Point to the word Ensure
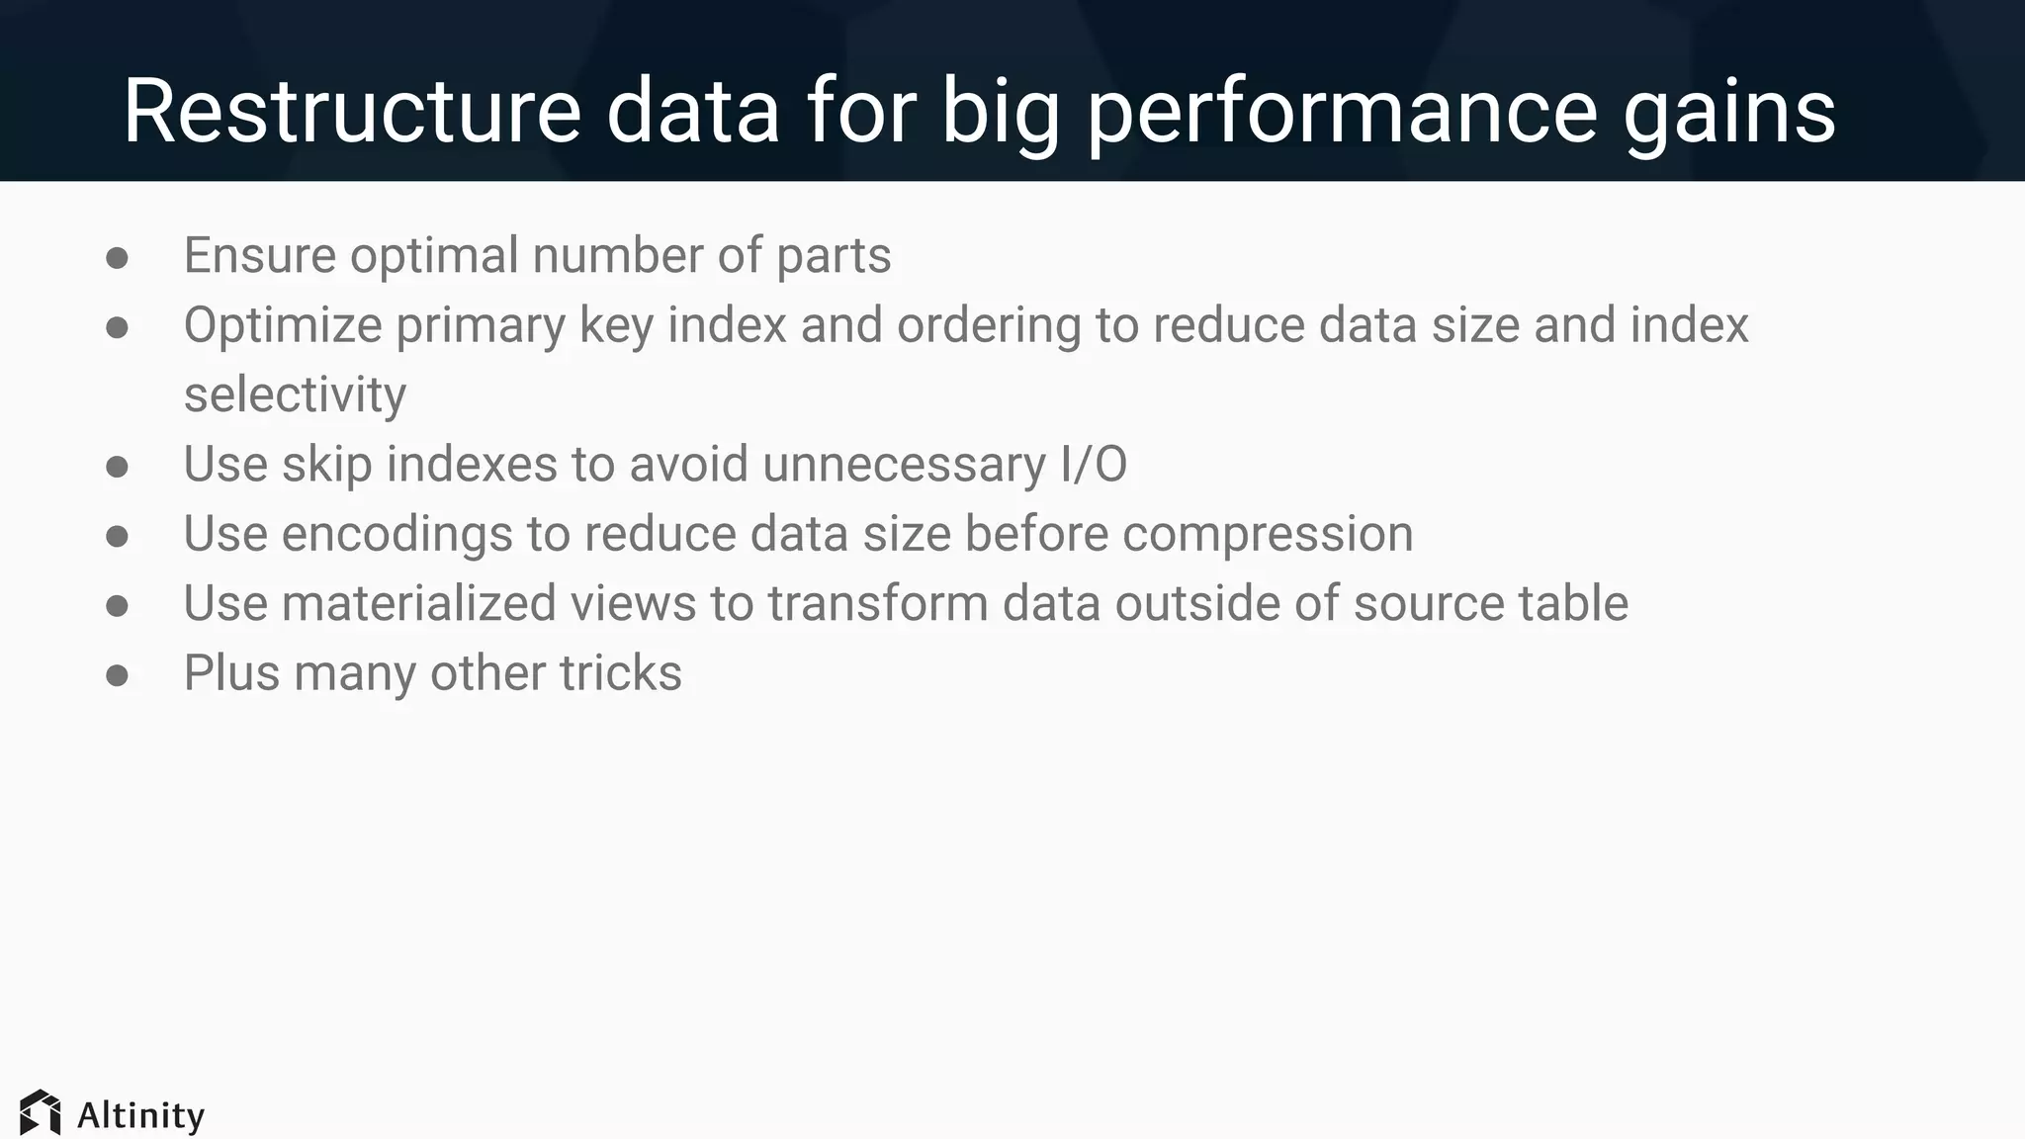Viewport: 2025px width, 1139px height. (260, 255)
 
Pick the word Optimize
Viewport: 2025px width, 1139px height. (283, 325)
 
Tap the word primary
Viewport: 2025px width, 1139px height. (481, 325)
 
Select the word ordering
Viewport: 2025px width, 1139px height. (989, 325)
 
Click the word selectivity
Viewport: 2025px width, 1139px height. (295, 394)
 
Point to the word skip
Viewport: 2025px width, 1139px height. (326, 465)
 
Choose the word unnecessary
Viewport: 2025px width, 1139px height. (904, 465)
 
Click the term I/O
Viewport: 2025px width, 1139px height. (1094, 465)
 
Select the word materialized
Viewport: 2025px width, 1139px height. (418, 603)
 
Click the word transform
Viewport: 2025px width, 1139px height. (877, 603)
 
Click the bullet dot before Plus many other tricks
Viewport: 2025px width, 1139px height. (117, 675)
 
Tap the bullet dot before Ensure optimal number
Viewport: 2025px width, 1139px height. (117, 258)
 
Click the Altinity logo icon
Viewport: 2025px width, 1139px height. (40, 1113)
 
